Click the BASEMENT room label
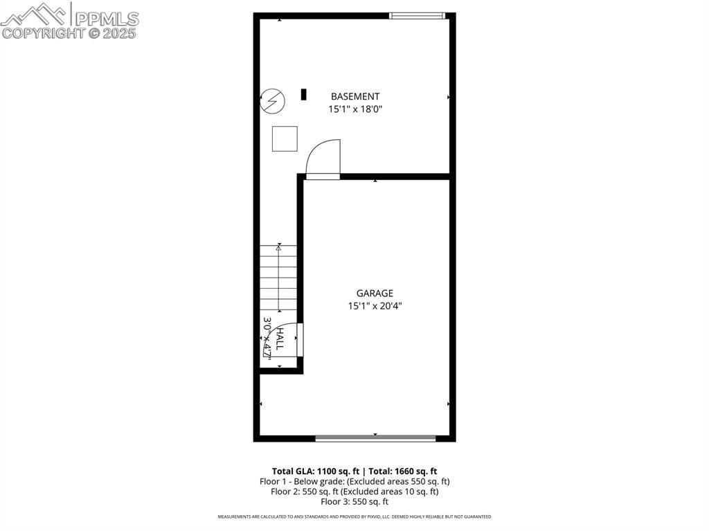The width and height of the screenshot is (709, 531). click(354, 97)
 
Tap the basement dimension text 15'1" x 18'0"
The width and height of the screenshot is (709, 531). click(354, 109)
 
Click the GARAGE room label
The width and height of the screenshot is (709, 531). click(375, 294)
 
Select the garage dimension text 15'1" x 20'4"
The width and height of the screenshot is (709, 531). click(375, 306)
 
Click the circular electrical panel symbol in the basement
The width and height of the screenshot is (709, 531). click(273, 101)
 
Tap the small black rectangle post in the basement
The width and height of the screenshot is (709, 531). click(303, 94)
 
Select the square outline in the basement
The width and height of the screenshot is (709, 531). click(285, 138)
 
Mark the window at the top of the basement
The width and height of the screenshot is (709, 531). click(417, 15)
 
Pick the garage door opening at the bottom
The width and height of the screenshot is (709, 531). click(375, 438)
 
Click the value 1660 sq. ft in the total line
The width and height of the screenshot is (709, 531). click(413, 471)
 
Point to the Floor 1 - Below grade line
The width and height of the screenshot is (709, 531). click(354, 481)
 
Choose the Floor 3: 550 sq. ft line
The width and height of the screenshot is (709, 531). click(354, 502)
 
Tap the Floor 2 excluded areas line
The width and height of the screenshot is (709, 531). click(354, 492)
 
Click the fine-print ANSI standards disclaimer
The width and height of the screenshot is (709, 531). click(354, 516)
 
